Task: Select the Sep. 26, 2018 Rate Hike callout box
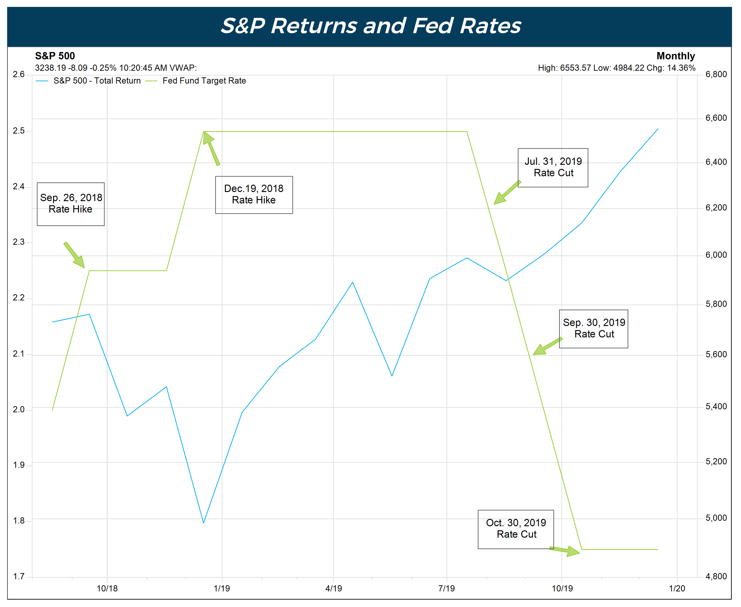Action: click(x=71, y=204)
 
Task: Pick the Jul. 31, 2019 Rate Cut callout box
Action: click(x=553, y=167)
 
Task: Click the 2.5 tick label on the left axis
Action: click(x=19, y=131)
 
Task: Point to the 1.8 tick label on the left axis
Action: click(x=19, y=521)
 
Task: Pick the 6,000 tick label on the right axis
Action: click(x=716, y=255)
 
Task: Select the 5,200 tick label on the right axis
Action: click(x=716, y=462)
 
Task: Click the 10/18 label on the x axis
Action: click(x=107, y=588)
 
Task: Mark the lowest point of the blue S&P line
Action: click(x=204, y=522)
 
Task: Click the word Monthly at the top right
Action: click(x=675, y=56)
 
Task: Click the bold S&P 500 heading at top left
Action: click(x=55, y=56)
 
